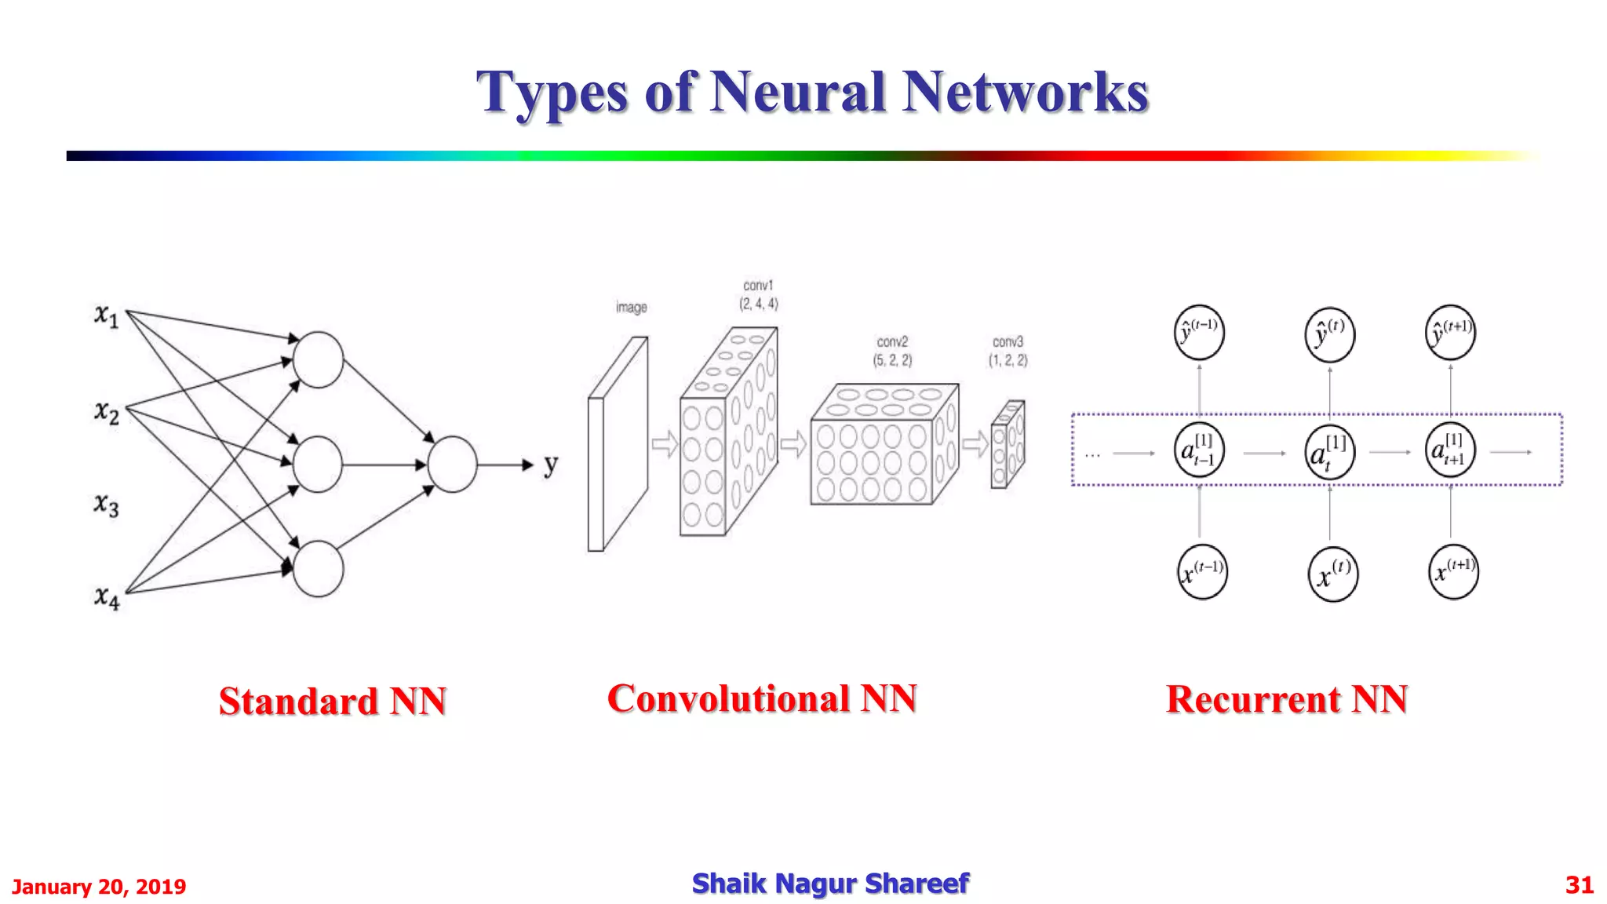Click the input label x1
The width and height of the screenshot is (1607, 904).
point(106,315)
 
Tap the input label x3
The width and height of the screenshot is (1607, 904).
point(106,505)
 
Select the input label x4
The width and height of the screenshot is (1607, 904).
point(107,598)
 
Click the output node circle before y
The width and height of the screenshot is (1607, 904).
point(452,465)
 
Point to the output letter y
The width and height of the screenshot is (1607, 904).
point(551,465)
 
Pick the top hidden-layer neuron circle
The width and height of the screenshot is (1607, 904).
point(318,359)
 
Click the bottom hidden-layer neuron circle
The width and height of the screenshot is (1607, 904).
point(318,569)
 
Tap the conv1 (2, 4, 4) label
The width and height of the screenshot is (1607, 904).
point(758,295)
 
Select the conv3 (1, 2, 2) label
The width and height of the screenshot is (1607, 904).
point(1008,351)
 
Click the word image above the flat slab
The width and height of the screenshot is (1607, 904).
point(631,308)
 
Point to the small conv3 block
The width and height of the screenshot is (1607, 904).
point(1008,444)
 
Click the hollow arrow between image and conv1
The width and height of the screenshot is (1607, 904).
point(665,444)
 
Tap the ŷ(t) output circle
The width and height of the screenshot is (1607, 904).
point(1329,334)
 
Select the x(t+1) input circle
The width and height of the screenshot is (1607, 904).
point(1453,572)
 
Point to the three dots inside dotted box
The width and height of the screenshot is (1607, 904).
point(1092,454)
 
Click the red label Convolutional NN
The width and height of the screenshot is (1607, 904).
point(762,698)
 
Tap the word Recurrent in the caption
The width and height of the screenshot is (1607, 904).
point(1252,698)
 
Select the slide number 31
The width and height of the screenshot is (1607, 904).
point(1579,885)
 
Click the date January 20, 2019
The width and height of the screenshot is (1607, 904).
point(99,887)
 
